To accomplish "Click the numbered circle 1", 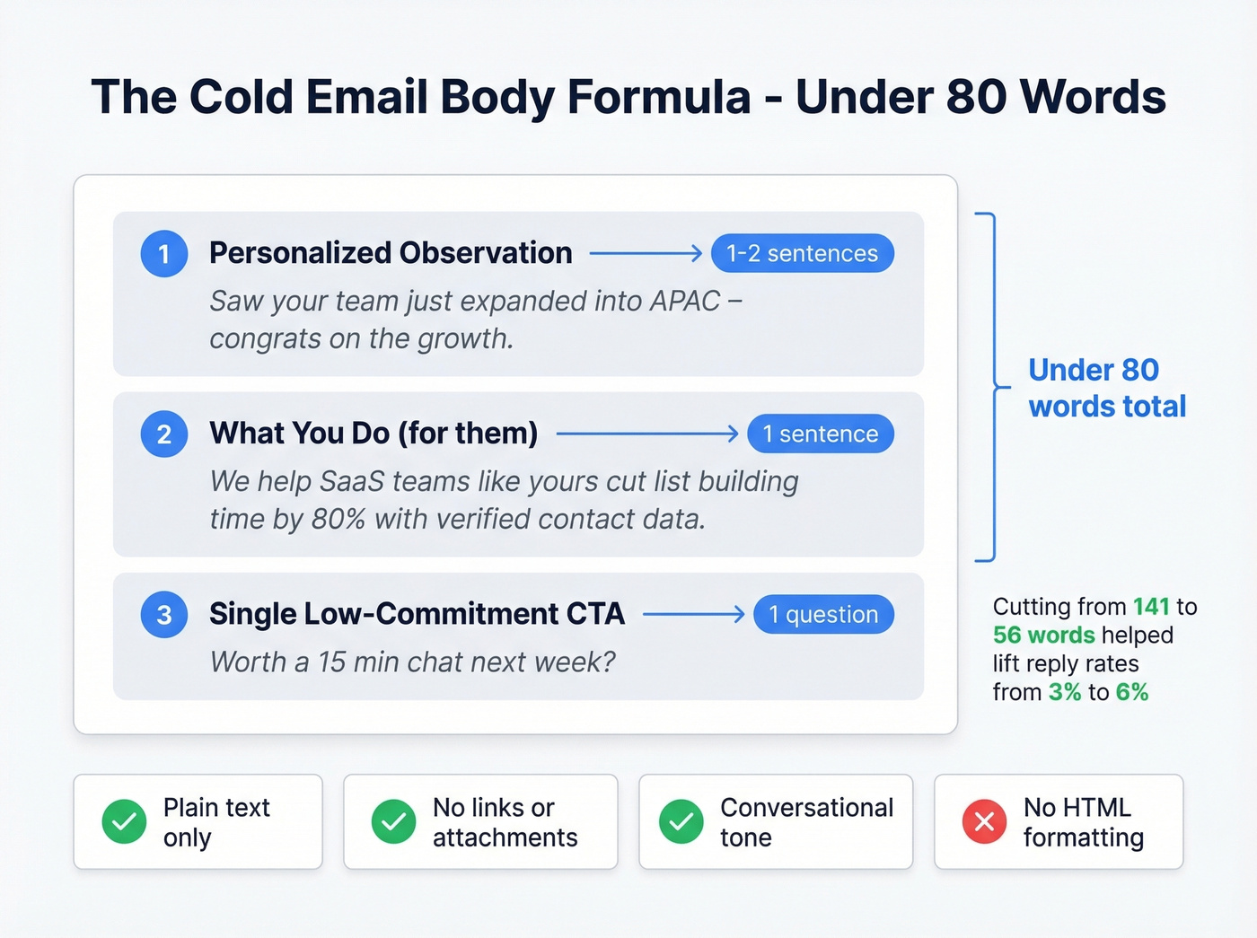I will click(164, 254).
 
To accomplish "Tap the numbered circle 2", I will click(164, 434).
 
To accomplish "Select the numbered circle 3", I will click(164, 615).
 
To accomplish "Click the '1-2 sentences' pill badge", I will click(802, 254).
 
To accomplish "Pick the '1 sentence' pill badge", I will click(820, 434).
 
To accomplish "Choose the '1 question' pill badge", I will click(823, 615).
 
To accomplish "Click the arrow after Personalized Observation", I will click(646, 254).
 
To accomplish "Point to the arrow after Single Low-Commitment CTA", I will click(693, 615).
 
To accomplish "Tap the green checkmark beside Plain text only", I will click(124, 821).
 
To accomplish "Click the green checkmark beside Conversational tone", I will click(681, 821).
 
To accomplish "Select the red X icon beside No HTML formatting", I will click(984, 821).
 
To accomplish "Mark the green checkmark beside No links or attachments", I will click(393, 821).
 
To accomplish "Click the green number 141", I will click(1151, 607).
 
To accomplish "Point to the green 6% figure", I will click(1132, 692).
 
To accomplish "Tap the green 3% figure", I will click(1065, 692).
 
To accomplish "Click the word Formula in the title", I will click(659, 97).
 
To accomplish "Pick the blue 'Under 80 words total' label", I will click(1107, 388).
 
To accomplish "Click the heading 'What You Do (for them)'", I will click(374, 434).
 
